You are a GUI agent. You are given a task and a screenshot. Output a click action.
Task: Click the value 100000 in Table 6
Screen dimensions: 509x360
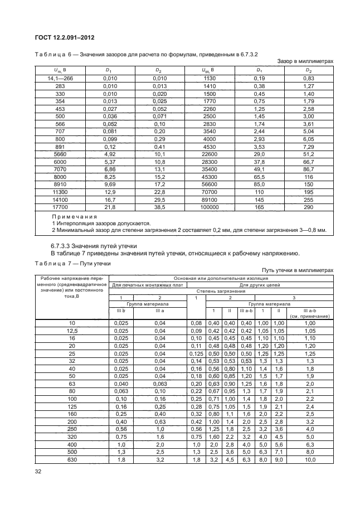(x=212, y=206)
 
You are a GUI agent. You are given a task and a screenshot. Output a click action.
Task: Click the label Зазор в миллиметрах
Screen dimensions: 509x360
(x=305, y=61)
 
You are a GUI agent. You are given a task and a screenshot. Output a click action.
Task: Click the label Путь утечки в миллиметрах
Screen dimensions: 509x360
(x=301, y=270)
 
